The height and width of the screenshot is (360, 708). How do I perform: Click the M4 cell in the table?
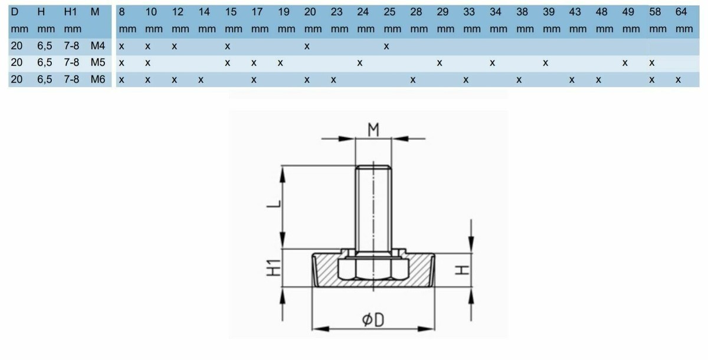click(98, 46)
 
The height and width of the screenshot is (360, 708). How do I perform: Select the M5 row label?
click(98, 63)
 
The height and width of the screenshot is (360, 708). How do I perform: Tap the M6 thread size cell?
click(98, 79)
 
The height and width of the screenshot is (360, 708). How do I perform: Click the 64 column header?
click(681, 12)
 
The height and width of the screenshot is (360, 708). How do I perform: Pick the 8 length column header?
click(122, 12)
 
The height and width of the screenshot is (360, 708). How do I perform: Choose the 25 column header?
click(389, 12)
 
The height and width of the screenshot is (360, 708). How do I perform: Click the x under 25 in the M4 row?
click(386, 47)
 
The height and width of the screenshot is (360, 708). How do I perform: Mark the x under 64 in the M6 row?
click(678, 80)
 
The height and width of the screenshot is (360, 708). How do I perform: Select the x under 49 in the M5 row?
click(625, 63)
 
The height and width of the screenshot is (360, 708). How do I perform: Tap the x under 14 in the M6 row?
click(201, 80)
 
